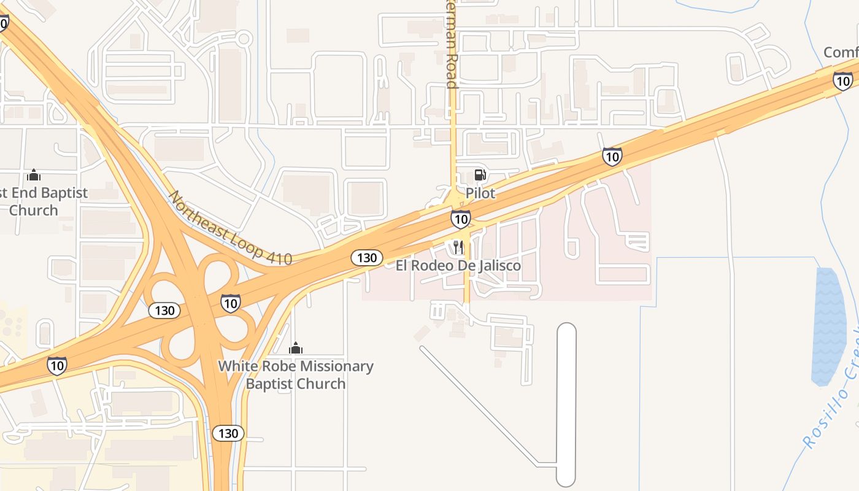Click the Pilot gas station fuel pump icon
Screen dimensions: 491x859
[480, 175]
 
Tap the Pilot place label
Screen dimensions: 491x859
[480, 193]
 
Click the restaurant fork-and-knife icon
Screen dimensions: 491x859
[458, 247]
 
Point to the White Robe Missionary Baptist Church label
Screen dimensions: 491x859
[296, 375]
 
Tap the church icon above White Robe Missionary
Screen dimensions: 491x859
[296, 349]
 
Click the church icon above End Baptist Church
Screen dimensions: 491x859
[34, 176]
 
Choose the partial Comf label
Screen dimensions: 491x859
[841, 53]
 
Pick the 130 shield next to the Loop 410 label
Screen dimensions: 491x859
[367, 258]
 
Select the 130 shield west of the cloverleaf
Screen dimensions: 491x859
[164, 311]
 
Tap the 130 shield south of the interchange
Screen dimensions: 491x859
[228, 433]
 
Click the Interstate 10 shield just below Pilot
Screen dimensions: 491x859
[461, 219]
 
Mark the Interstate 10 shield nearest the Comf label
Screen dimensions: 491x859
[842, 80]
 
